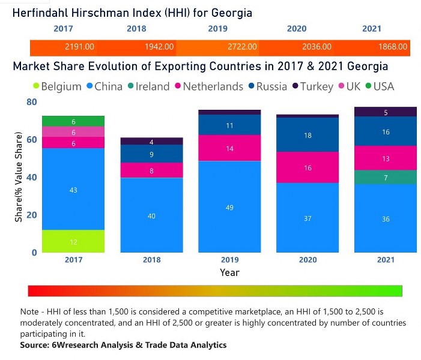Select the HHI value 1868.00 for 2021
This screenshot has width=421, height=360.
pyautogui.click(x=393, y=47)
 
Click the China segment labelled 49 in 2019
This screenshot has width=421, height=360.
pyautogui.click(x=229, y=207)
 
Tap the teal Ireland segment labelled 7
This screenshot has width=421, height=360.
pyautogui.click(x=386, y=177)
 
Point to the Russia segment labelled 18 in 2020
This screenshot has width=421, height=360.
pyautogui.click(x=307, y=135)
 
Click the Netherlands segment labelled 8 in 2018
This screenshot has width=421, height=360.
pyautogui.click(x=151, y=170)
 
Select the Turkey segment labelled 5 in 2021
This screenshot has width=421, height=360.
pyautogui.click(x=386, y=112)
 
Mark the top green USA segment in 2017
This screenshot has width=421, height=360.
pyautogui.click(x=73, y=121)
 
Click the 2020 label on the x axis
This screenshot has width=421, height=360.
pyautogui.click(x=307, y=260)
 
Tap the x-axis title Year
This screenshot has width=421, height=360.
pyautogui.click(x=229, y=272)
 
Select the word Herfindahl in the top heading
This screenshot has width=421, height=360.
pyautogui.click(x=46, y=12)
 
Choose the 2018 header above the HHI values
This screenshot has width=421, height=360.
pyautogui.click(x=136, y=29)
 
